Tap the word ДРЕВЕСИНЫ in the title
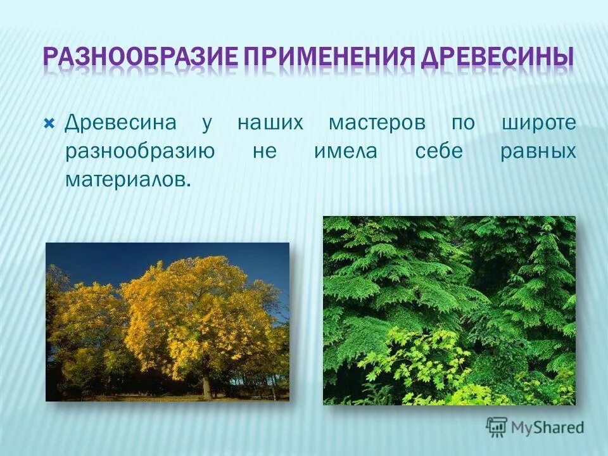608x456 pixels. (496, 58)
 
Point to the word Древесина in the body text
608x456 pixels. (120, 123)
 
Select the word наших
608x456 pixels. (270, 123)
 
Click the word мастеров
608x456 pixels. (377, 123)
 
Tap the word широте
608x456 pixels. (539, 123)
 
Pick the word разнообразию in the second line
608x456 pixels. (139, 152)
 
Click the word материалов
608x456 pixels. (126, 180)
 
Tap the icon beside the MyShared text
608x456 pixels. (497, 427)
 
